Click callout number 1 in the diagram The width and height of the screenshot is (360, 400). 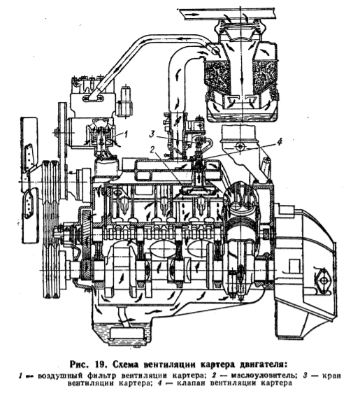pyautogui.click(x=125, y=134)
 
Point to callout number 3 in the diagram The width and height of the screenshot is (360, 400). pyautogui.click(x=152, y=134)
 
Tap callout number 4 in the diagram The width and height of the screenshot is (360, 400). pyautogui.click(x=280, y=142)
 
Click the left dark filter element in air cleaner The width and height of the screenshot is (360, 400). pyautogui.click(x=218, y=74)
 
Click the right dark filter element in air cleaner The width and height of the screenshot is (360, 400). pyautogui.click(x=264, y=74)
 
